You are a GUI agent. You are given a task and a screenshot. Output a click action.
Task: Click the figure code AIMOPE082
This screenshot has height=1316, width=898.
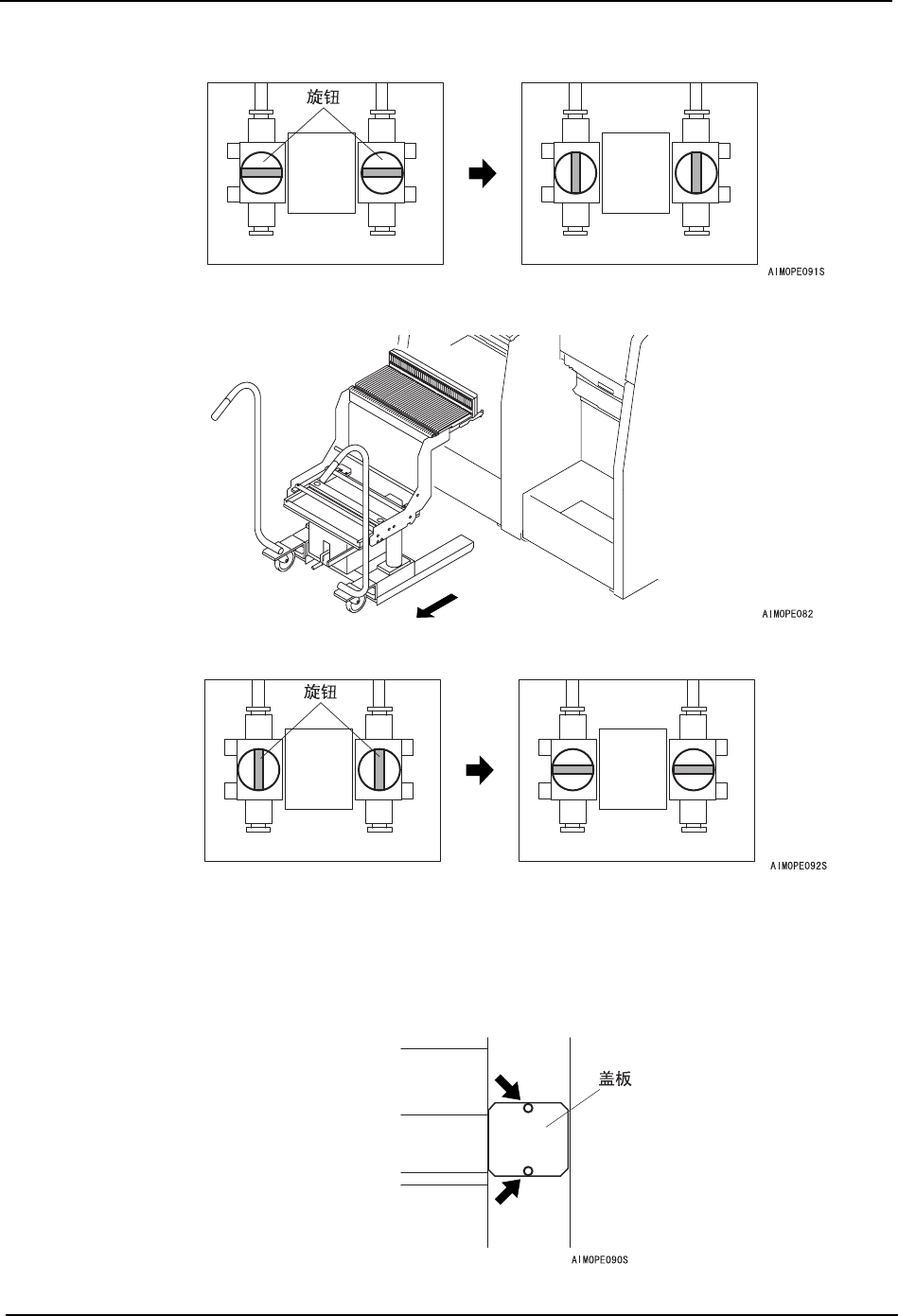point(788,613)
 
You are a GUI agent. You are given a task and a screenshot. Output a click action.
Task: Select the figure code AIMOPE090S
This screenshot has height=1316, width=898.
point(600,1260)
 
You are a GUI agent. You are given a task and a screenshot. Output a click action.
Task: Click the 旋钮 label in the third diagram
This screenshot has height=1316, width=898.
point(320,692)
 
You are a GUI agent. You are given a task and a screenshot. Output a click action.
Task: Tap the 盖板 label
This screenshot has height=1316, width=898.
point(616,1077)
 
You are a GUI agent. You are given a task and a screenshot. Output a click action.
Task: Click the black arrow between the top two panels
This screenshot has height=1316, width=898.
point(483,174)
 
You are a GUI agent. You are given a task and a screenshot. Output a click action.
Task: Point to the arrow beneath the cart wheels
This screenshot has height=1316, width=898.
point(437,607)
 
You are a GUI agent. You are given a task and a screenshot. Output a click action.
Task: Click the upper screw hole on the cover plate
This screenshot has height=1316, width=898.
point(528,1108)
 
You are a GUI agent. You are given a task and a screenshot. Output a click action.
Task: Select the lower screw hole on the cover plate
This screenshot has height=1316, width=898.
point(528,1171)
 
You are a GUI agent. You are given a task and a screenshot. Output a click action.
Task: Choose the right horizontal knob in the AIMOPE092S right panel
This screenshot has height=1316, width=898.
point(693,770)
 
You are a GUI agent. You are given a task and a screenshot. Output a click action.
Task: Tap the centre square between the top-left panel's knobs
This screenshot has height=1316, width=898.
point(321,173)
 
